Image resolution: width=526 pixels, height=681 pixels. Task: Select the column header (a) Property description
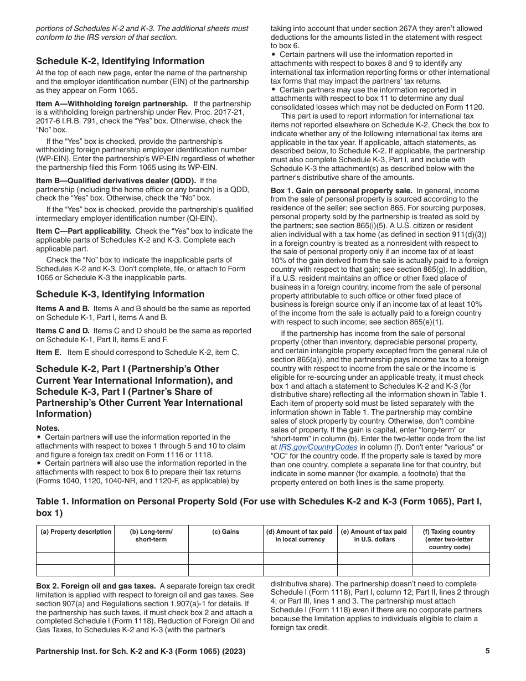75,532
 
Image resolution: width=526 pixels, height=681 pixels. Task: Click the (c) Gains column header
225,532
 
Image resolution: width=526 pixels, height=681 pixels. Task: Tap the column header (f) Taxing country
448,539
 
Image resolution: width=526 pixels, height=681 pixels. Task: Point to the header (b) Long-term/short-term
151,535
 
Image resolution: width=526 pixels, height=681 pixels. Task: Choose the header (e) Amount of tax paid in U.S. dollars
374,535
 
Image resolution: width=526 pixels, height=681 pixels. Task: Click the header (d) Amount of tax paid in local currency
300,535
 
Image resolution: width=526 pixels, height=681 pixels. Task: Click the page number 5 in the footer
487,651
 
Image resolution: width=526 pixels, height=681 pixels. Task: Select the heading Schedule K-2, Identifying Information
120,61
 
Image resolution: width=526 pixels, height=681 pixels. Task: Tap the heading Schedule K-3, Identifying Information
120,294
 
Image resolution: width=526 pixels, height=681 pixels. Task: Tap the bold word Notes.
48,428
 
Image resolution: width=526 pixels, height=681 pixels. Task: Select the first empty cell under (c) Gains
225,558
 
